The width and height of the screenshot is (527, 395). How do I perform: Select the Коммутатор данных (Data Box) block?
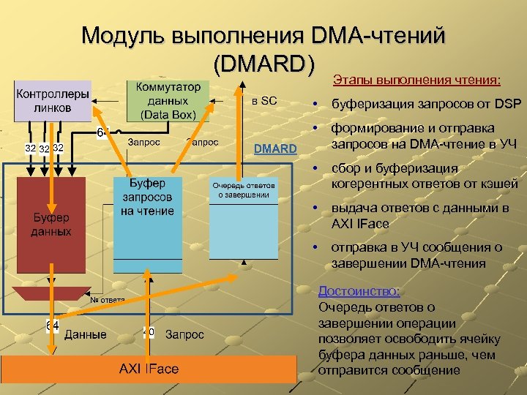(167, 100)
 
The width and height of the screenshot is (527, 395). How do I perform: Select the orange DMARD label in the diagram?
(275, 149)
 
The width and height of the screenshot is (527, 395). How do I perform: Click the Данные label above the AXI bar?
(85, 335)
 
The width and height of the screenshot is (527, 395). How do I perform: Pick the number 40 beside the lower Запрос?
(149, 333)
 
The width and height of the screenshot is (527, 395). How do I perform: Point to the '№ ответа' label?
(107, 300)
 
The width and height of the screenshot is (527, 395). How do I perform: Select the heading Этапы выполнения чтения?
(417, 79)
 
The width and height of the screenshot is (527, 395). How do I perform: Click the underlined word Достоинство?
(359, 291)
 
